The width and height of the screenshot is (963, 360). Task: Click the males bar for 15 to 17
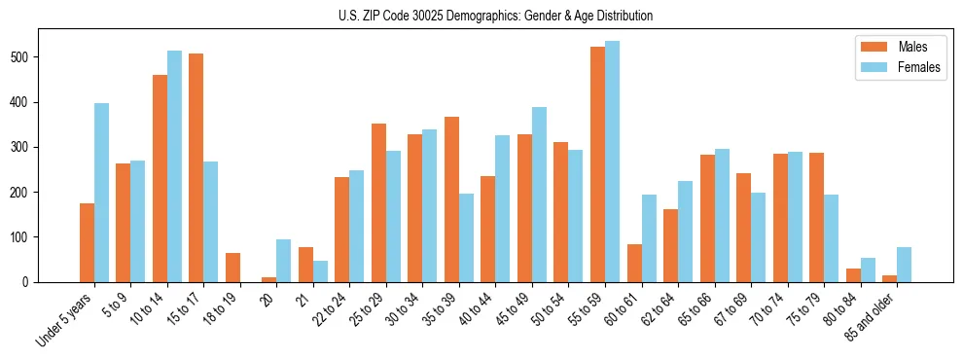(x=196, y=167)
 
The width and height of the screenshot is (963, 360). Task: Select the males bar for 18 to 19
(x=232, y=268)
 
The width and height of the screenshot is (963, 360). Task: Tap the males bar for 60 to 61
(x=634, y=263)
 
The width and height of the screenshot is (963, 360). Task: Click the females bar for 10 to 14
(x=175, y=166)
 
